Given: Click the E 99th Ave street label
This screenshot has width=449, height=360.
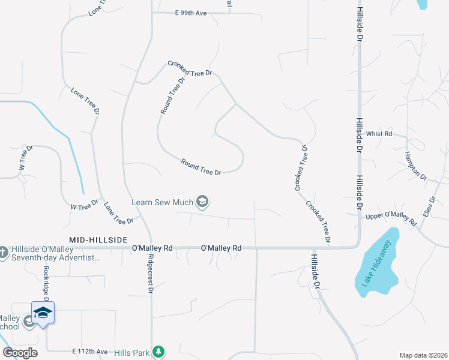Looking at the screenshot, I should pos(190,13).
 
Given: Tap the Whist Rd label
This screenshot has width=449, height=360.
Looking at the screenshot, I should pos(379,134).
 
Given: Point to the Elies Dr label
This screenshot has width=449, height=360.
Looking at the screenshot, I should pos(429,207).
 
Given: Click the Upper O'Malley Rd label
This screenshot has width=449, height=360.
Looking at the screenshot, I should pos(391,218).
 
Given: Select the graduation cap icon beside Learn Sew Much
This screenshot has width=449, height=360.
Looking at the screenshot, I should pos(202,202).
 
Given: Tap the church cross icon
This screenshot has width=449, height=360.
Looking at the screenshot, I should pos(4,251).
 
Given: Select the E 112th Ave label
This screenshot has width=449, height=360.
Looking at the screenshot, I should pos(89,352).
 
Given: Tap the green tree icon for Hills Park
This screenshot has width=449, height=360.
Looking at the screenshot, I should pos(158,351).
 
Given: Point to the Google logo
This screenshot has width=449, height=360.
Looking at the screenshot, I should pos(20,352).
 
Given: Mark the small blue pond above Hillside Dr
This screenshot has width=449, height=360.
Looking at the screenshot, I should pos(421,4).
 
